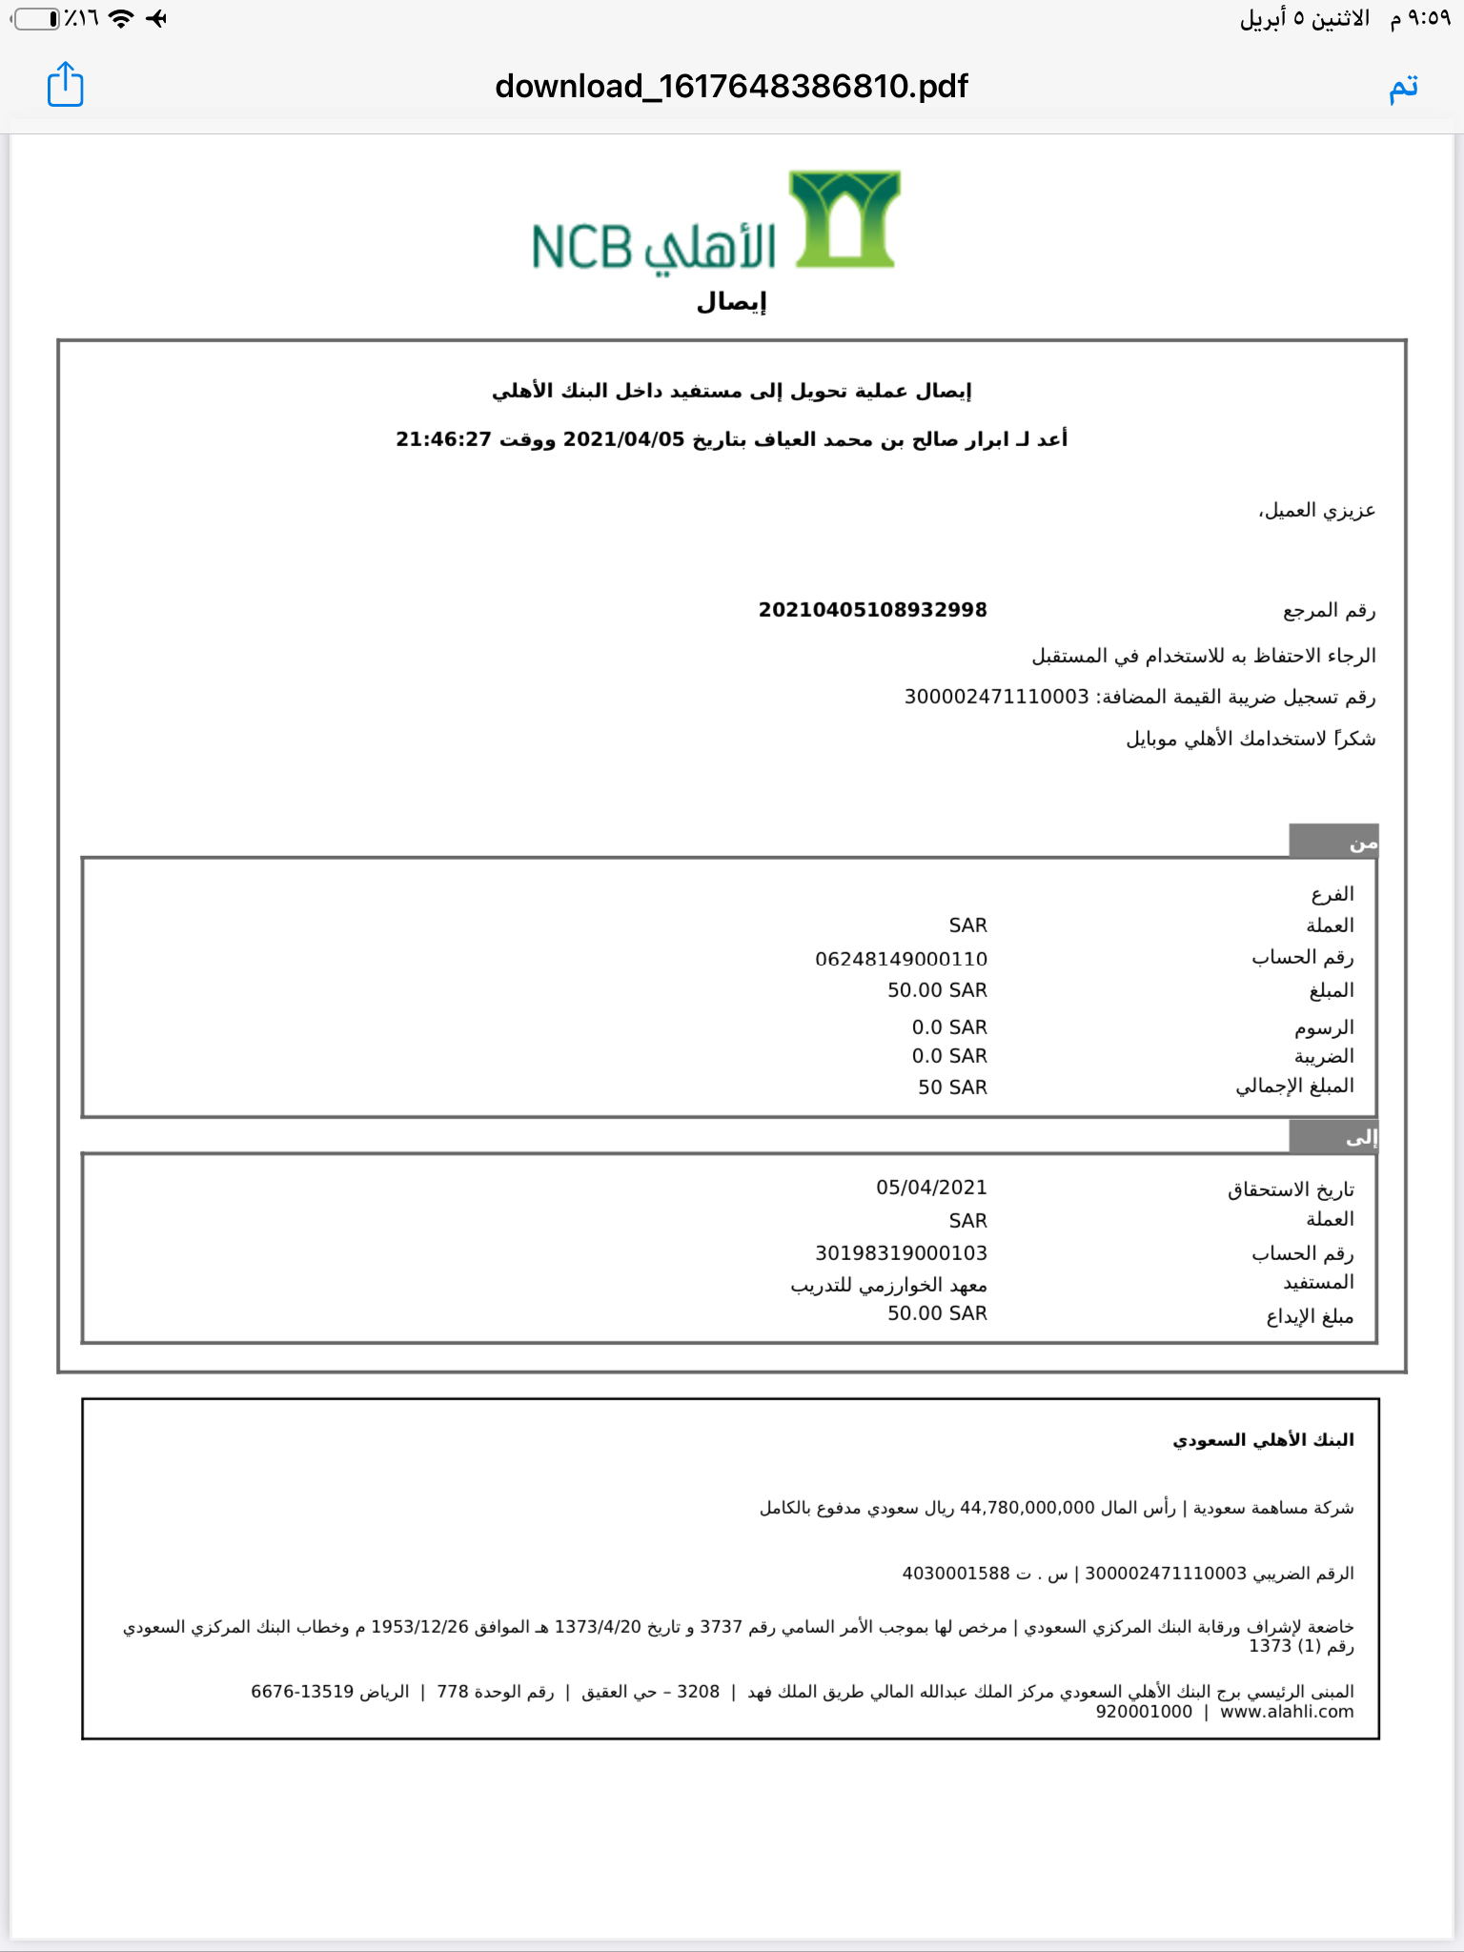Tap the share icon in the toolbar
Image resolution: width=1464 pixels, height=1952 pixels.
[66, 85]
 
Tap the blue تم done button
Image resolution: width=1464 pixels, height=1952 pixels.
[1403, 87]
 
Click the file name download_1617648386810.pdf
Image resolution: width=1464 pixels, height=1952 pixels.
[731, 87]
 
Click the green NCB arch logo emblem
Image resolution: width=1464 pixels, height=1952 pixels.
[844, 219]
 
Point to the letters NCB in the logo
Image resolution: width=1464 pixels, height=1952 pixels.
[581, 247]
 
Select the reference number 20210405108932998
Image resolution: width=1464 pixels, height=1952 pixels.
[872, 610]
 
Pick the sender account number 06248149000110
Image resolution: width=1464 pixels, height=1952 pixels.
[901, 959]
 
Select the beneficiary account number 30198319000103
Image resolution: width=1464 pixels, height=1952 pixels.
[901, 1253]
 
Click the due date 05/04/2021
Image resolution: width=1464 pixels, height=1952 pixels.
[931, 1188]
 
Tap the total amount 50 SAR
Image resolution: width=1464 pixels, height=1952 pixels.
[952, 1088]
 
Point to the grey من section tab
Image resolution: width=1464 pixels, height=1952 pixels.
[1333, 842]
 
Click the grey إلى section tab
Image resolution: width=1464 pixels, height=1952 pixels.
[1333, 1136]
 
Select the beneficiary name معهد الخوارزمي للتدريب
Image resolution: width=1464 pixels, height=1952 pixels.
[888, 1286]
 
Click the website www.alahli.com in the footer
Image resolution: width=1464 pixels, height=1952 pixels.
[1287, 1712]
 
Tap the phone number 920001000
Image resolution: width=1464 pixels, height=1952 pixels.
[1144, 1712]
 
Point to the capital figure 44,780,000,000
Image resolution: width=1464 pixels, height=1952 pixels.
[1027, 1508]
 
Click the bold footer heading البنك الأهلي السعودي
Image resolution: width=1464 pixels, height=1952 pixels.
[1263, 1440]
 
